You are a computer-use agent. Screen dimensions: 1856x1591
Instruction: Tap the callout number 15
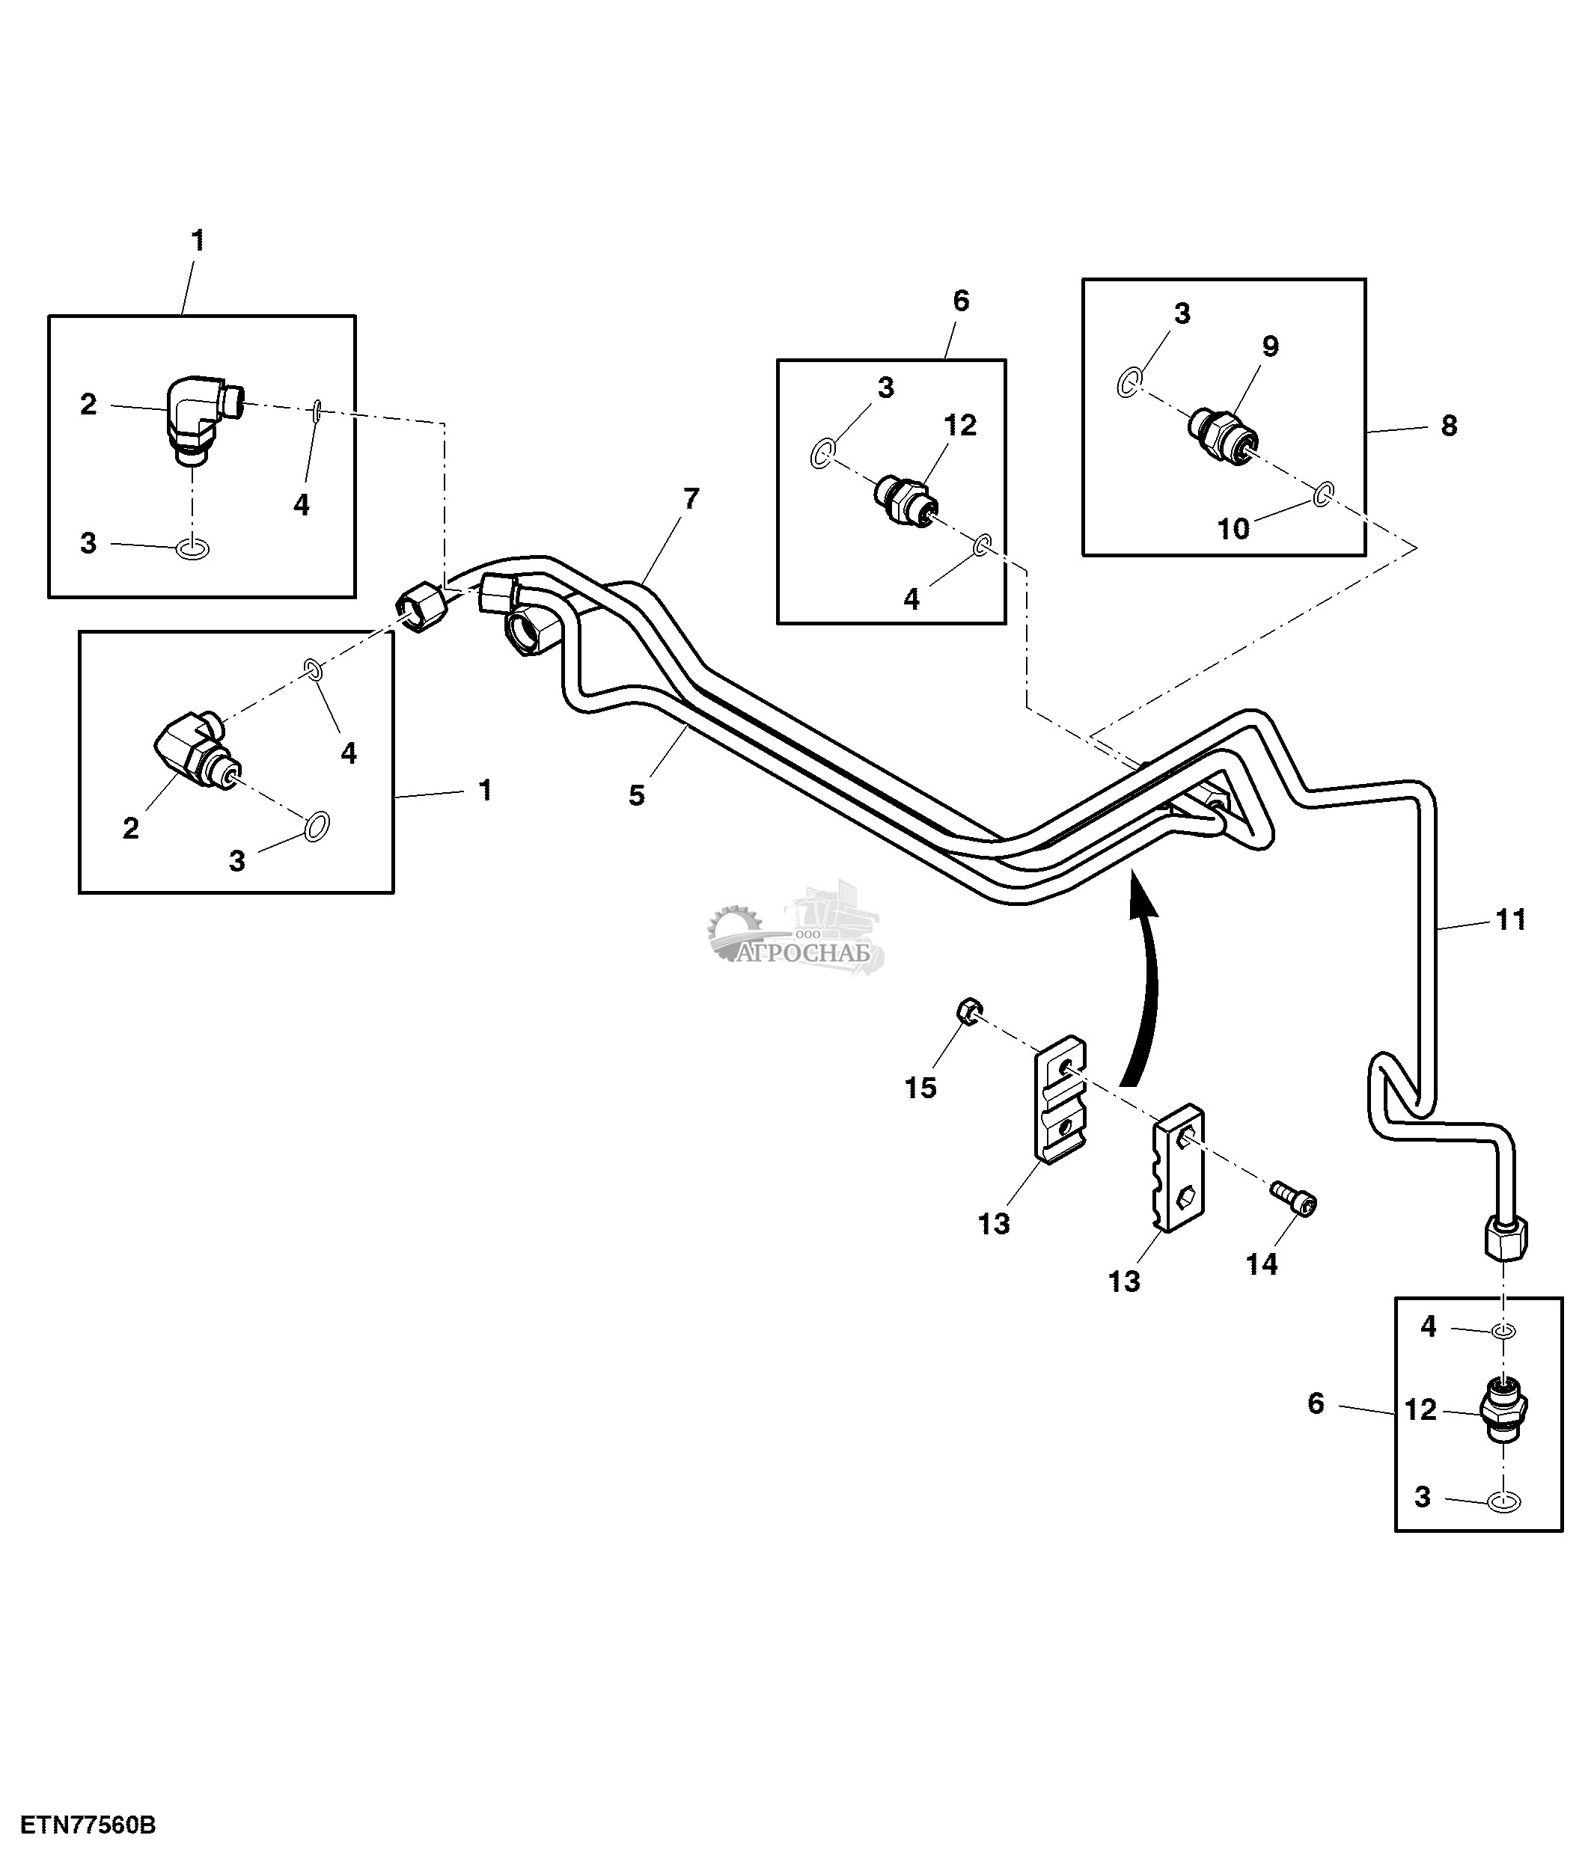[x=920, y=1088]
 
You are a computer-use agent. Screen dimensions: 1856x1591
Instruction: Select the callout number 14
[x=1261, y=1264]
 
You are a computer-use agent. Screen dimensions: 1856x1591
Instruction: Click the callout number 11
[x=1510, y=919]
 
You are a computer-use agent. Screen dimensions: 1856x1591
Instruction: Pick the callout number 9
[x=1270, y=346]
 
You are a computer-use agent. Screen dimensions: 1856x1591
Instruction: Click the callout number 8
[x=1449, y=426]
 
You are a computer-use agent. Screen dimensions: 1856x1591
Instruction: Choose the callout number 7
[x=691, y=499]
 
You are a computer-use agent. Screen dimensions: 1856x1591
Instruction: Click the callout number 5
[x=636, y=794]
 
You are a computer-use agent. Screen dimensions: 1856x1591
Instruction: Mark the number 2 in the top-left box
[x=88, y=405]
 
